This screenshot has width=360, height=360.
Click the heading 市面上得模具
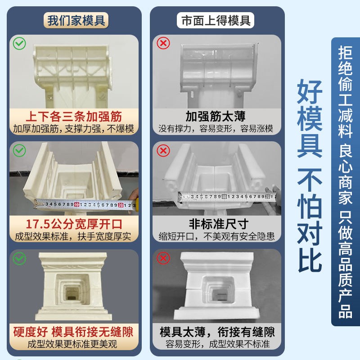click(x=216, y=21)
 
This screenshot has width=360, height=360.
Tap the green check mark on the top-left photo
click(x=19, y=44)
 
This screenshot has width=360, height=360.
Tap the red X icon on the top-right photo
click(x=162, y=43)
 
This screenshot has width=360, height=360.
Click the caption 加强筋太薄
click(x=216, y=116)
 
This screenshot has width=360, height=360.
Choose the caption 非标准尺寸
click(x=216, y=223)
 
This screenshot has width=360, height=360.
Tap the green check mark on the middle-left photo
click(x=19, y=151)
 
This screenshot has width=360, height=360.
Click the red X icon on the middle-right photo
click(x=162, y=151)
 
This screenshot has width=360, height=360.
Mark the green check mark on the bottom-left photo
click(x=19, y=258)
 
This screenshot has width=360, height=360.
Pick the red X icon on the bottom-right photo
click(x=162, y=258)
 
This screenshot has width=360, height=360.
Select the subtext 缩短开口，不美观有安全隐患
click(x=216, y=236)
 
